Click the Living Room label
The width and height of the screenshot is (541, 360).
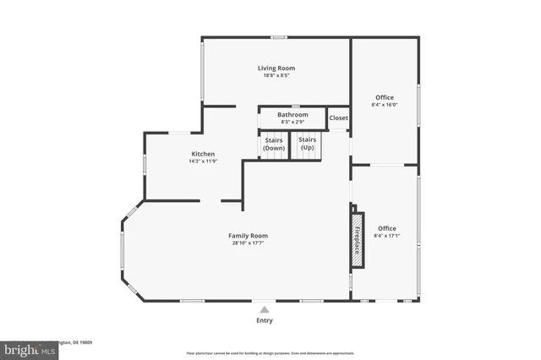click(276, 68)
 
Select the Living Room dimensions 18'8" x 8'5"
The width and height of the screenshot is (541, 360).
click(276, 76)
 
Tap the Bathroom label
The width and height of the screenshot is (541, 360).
click(292, 114)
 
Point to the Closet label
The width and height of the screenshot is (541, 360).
click(338, 117)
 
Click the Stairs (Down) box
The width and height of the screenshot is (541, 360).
click(273, 145)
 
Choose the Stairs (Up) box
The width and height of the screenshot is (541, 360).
click(308, 145)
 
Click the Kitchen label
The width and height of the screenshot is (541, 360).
click(203, 154)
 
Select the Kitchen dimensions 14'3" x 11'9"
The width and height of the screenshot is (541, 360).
click(203, 161)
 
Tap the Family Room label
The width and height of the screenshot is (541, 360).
click(249, 235)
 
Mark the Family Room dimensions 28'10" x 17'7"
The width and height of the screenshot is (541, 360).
click(249, 243)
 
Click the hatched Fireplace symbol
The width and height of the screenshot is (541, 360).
click(358, 238)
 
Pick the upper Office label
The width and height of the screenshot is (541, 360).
click(385, 97)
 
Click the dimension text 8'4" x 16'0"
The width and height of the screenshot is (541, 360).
click(385, 106)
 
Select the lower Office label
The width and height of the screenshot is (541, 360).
click(386, 228)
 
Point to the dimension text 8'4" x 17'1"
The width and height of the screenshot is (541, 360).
click(386, 237)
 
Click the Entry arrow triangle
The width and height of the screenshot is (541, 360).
click(265, 309)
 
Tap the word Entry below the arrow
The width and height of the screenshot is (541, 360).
click(265, 320)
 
